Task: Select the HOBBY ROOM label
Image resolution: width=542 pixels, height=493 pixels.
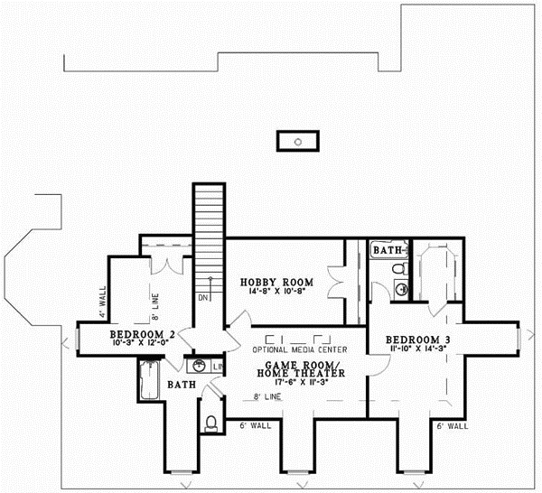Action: click(270, 283)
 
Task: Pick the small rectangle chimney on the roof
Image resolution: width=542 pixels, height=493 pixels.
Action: click(297, 141)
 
